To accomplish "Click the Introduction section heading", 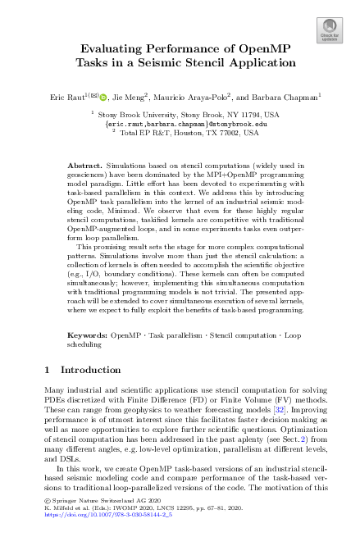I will [x=80, y=393].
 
